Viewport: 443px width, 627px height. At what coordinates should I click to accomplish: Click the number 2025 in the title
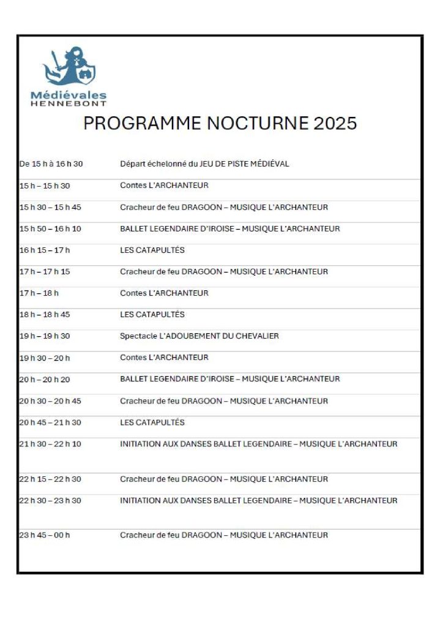pyautogui.click(x=335, y=124)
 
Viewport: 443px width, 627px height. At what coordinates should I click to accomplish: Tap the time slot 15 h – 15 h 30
pyautogui.click(x=45, y=186)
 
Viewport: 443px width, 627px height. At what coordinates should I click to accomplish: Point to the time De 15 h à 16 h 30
pyautogui.click(x=51, y=164)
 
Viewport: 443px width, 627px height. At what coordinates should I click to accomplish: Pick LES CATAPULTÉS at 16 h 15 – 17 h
pyautogui.click(x=152, y=250)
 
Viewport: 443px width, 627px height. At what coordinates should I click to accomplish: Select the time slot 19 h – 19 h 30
pyautogui.click(x=45, y=336)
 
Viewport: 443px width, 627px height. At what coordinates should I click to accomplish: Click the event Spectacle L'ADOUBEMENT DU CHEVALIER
pyautogui.click(x=199, y=336)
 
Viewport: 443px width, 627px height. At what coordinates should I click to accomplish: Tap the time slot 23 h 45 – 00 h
pyautogui.click(x=45, y=535)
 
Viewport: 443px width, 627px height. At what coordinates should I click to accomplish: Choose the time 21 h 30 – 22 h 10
pyautogui.click(x=50, y=444)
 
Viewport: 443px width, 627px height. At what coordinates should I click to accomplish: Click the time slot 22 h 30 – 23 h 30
pyautogui.click(x=50, y=500)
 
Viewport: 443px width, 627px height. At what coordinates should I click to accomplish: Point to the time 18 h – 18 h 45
pyautogui.click(x=44, y=315)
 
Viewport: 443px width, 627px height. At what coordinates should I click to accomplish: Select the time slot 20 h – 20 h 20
pyautogui.click(x=45, y=380)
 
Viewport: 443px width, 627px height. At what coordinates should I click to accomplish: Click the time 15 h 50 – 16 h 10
pyautogui.click(x=50, y=229)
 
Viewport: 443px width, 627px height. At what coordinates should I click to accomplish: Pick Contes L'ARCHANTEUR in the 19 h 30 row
pyautogui.click(x=164, y=358)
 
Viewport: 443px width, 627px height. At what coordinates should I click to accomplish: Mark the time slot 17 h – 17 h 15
pyautogui.click(x=45, y=272)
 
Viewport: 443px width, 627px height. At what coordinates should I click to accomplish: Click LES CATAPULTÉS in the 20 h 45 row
pyautogui.click(x=152, y=422)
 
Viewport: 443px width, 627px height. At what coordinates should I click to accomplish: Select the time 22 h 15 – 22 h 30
pyautogui.click(x=50, y=479)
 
